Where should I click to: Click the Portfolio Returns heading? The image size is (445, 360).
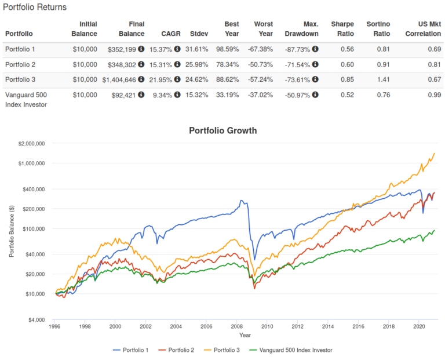(x=35, y=8)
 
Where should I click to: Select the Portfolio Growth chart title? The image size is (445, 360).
(x=222, y=130)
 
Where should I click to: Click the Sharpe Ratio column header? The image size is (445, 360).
(x=342, y=28)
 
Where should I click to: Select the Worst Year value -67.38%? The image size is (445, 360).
(x=261, y=50)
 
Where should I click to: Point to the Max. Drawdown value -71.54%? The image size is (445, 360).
(x=300, y=65)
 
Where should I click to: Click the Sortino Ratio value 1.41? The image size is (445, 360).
(x=381, y=80)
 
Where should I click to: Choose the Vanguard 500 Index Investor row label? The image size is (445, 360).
(x=26, y=99)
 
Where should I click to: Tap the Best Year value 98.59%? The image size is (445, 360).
(x=227, y=50)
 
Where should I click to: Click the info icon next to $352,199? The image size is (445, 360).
(x=141, y=50)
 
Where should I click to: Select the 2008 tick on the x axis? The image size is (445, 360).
(x=236, y=327)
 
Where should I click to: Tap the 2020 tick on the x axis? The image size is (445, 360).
(x=418, y=327)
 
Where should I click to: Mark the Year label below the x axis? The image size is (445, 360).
(x=245, y=335)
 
